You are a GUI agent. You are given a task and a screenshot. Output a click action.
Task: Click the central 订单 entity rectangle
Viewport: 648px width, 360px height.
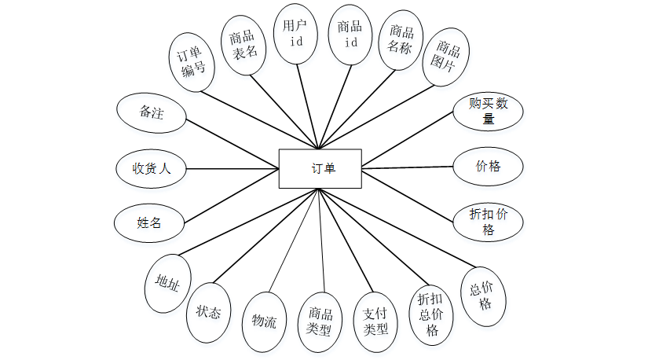[320, 168]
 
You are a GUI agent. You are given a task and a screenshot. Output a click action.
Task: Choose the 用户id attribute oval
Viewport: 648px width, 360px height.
[297, 34]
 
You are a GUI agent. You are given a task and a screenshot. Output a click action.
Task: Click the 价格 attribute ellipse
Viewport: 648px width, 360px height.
[489, 167]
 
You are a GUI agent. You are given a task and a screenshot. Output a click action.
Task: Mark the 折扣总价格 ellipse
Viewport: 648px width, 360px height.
[431, 314]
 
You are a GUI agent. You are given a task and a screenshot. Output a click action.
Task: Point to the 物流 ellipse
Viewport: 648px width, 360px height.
[264, 321]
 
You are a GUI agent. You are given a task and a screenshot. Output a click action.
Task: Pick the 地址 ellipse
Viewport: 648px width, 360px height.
[167, 283]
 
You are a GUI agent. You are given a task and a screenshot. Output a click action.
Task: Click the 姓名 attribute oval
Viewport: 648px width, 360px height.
[149, 223]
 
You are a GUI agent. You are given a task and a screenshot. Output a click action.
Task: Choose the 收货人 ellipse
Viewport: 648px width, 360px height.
[150, 167]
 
